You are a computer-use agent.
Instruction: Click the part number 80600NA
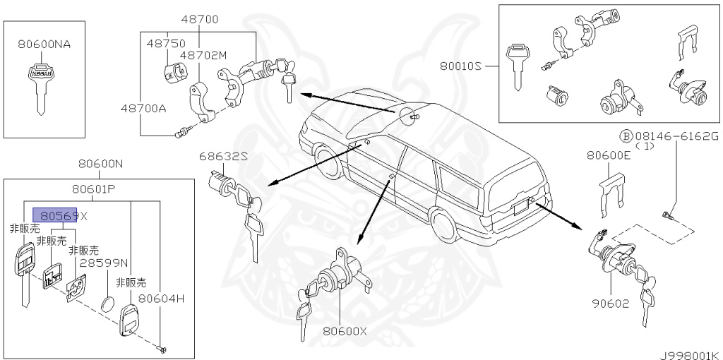click(x=44, y=44)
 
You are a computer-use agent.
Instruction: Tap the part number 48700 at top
click(x=198, y=19)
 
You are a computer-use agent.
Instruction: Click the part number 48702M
click(x=203, y=54)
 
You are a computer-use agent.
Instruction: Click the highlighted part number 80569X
click(x=63, y=215)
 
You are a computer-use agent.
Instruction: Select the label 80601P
click(x=93, y=189)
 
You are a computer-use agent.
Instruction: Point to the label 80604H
click(x=161, y=299)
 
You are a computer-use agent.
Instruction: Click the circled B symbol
click(x=625, y=136)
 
